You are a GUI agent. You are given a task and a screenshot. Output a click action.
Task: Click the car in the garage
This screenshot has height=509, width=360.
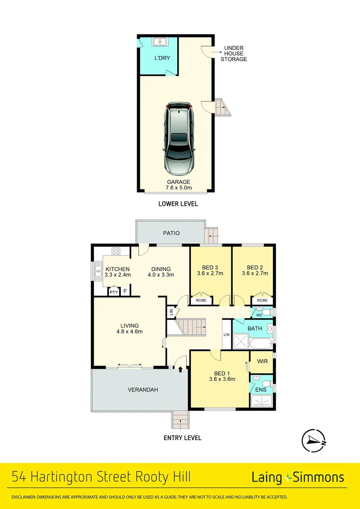179,138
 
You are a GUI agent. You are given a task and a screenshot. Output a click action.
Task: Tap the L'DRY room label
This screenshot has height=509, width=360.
162,58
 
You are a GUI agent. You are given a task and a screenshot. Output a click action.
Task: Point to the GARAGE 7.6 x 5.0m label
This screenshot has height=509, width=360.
178,185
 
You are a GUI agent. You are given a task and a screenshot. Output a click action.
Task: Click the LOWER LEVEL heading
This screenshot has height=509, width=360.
178,204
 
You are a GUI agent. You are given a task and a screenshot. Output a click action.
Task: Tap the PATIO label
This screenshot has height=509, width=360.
171,233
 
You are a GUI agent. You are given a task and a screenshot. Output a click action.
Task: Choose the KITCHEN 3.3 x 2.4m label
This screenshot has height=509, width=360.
117,272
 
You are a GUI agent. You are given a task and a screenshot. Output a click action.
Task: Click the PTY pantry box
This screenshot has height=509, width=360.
114,293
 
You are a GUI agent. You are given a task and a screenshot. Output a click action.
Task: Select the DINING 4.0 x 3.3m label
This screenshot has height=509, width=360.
161,272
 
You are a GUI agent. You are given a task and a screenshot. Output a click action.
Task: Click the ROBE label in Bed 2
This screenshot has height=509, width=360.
262,300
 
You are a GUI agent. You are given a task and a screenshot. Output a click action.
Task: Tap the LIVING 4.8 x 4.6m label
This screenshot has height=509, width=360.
130,328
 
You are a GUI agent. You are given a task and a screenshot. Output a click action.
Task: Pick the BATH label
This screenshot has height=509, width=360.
255,328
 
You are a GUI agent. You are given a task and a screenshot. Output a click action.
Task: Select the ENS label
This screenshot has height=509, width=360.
261,390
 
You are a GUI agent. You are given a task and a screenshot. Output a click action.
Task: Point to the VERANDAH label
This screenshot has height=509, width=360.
143,390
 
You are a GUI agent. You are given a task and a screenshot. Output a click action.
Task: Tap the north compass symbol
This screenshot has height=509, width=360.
314,440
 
